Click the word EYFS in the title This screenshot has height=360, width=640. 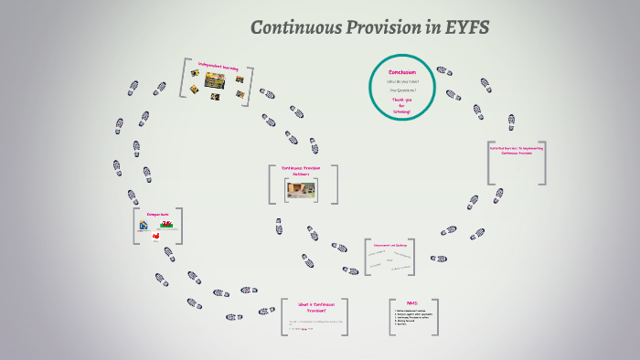[464, 27]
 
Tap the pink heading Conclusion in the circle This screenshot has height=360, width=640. [401, 71]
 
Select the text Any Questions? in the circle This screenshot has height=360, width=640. [401, 90]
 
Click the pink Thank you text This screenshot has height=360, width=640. [402, 100]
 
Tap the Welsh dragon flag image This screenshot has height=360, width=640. [167, 224]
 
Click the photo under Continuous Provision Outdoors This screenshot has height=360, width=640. [303, 189]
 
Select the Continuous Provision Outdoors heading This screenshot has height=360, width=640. [303, 171]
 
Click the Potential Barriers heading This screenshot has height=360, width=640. [517, 150]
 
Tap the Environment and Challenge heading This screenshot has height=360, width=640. [390, 245]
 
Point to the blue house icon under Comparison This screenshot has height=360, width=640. [144, 225]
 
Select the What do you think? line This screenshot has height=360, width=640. [401, 81]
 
